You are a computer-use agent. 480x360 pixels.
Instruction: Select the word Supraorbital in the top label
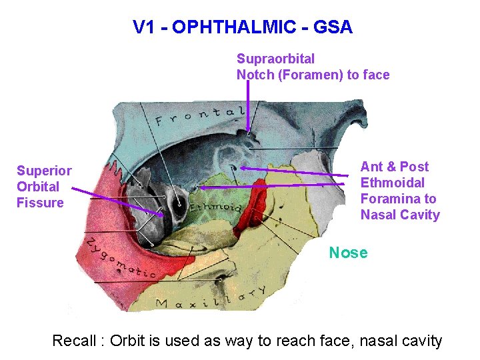(x=275, y=59)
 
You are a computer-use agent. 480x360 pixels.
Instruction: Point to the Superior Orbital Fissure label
(x=44, y=187)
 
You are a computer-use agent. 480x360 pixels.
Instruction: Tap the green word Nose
(x=348, y=253)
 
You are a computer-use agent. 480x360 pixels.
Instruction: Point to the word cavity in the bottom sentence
(x=420, y=341)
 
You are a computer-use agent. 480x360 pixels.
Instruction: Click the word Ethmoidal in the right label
(x=392, y=183)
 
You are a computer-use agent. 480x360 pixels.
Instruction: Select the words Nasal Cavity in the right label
(x=400, y=215)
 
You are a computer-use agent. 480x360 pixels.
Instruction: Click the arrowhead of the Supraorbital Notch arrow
(x=249, y=130)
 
